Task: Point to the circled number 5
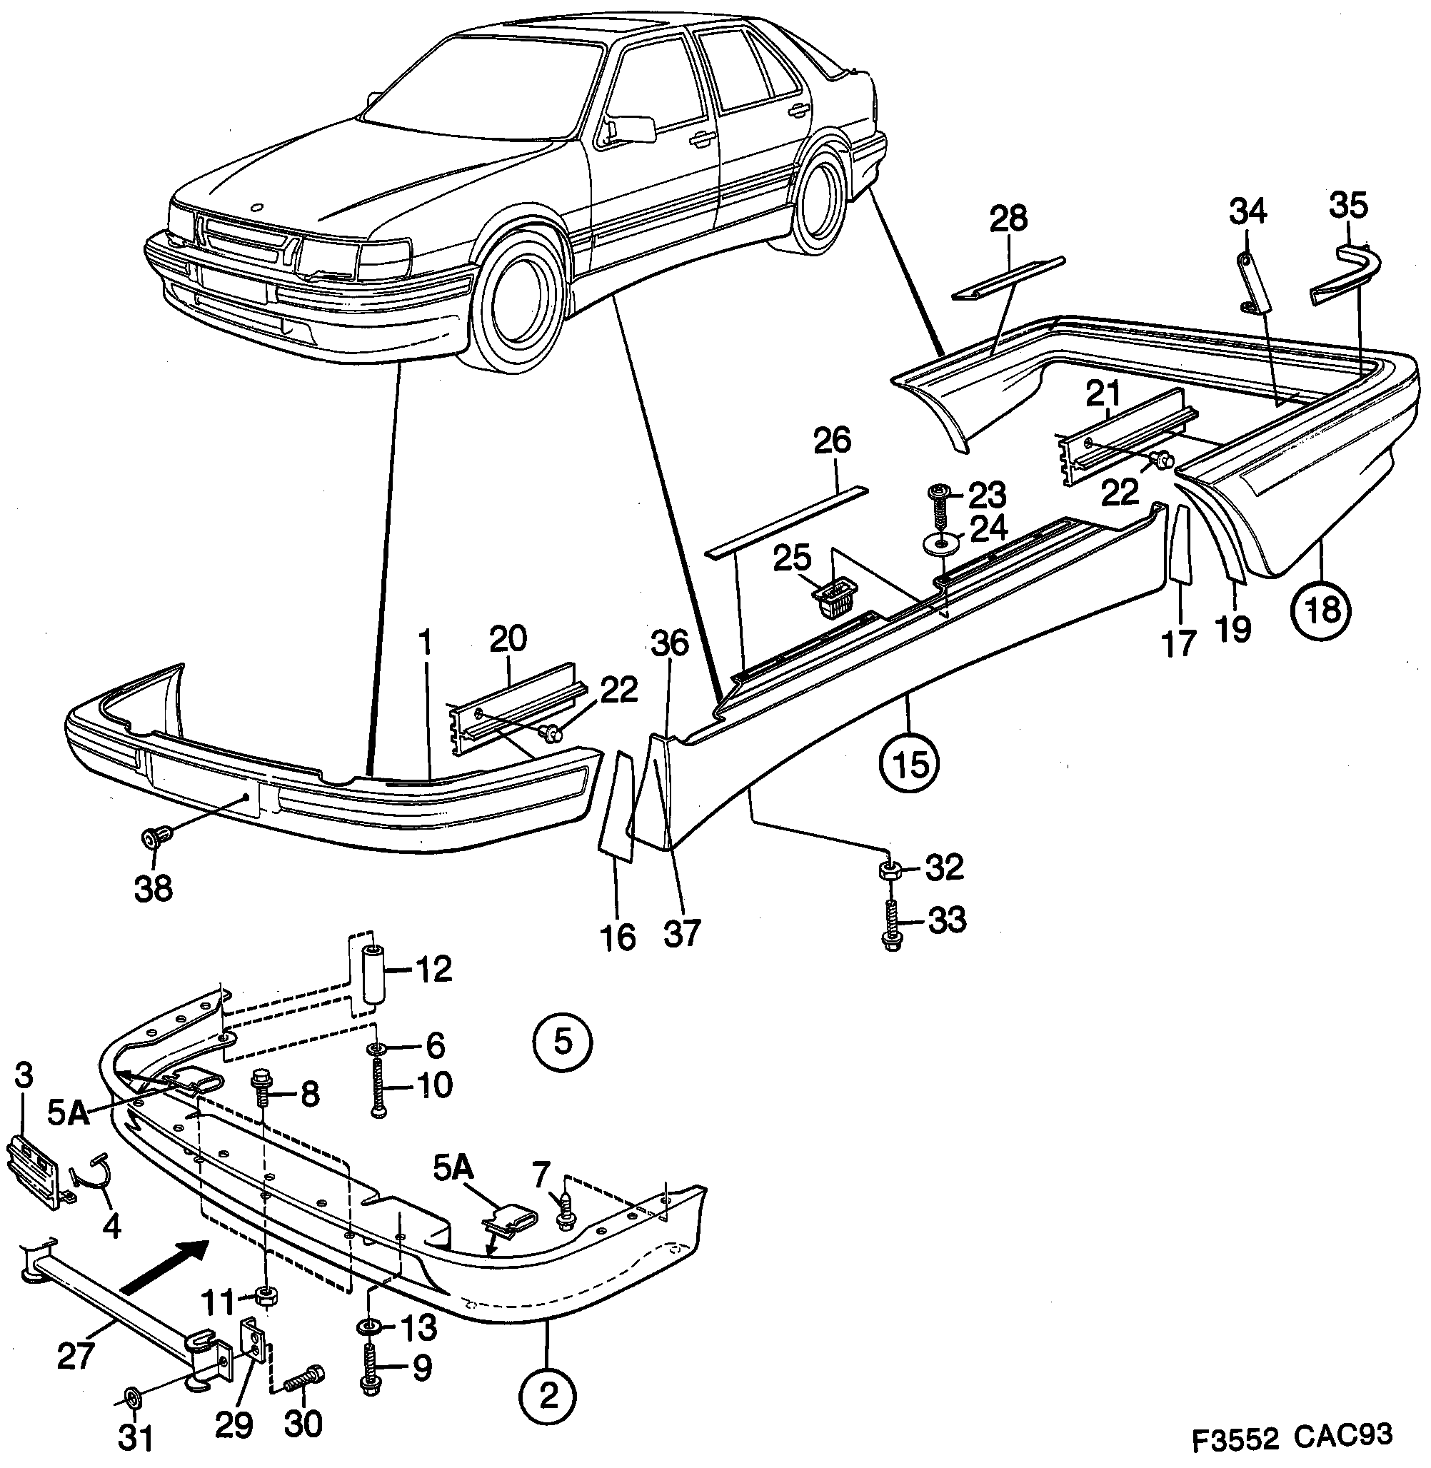click(x=563, y=1042)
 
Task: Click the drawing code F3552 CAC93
click(x=1292, y=1437)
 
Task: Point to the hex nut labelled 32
click(x=889, y=871)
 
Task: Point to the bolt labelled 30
click(x=303, y=1379)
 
